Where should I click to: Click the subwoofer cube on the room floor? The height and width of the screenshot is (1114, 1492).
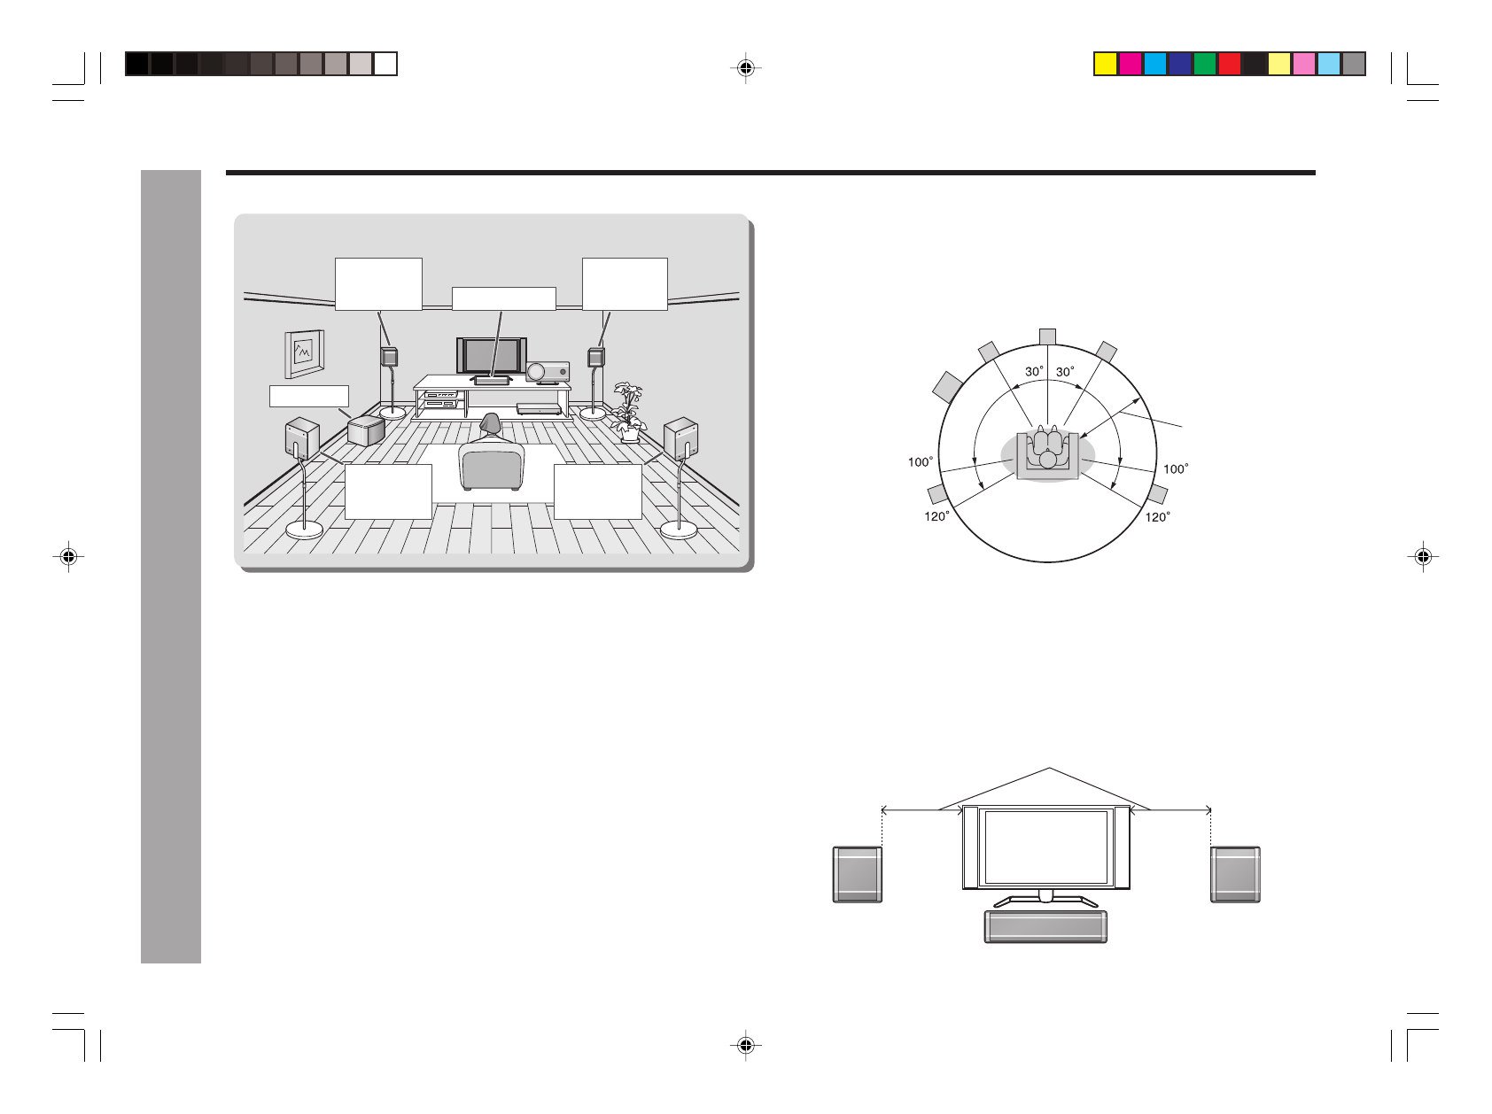coord(367,430)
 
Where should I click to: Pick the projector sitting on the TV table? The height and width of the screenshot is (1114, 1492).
coord(547,373)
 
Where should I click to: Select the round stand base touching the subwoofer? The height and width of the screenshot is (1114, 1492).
coord(393,412)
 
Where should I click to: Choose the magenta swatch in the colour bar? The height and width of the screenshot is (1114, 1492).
coord(1130,64)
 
